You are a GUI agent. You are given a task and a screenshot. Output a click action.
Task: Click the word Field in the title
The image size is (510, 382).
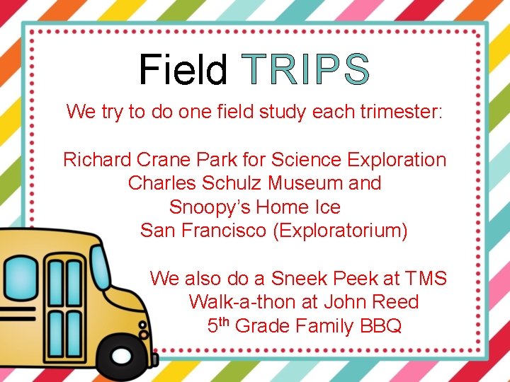click(183, 69)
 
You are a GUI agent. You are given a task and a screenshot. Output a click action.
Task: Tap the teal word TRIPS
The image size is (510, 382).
click(305, 69)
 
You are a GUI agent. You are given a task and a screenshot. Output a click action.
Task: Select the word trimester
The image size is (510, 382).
click(400, 112)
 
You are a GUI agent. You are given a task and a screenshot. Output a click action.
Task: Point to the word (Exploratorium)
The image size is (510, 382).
click(340, 231)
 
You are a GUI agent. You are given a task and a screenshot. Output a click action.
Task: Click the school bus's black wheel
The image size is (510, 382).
click(120, 357)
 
